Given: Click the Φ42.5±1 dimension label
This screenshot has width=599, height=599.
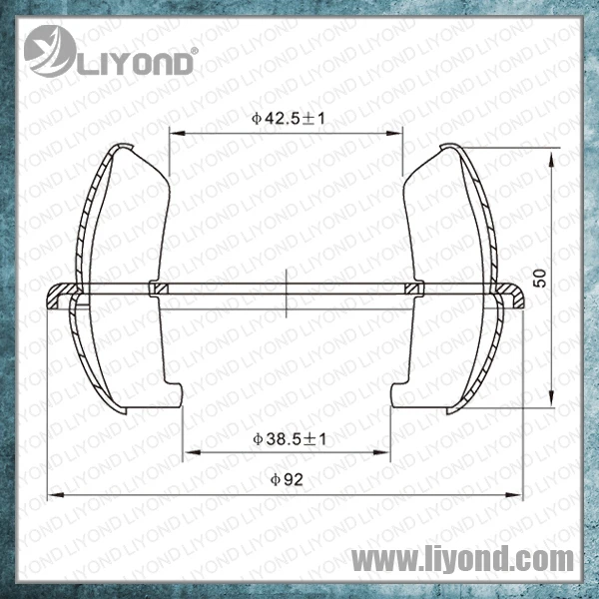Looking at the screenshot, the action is [289, 119].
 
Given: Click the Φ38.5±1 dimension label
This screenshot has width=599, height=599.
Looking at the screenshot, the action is [290, 439].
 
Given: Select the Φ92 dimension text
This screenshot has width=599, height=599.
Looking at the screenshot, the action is [287, 479].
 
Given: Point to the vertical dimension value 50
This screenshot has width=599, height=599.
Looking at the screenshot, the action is [540, 279].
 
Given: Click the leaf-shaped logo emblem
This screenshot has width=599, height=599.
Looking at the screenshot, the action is [50, 51].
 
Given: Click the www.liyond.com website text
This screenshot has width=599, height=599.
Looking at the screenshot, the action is [462, 560].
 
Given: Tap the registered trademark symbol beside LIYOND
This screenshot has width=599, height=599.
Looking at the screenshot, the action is [194, 51].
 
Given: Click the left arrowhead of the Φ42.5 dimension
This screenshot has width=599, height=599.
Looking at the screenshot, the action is [178, 134].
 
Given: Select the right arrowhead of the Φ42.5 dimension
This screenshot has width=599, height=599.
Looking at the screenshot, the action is [394, 134].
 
